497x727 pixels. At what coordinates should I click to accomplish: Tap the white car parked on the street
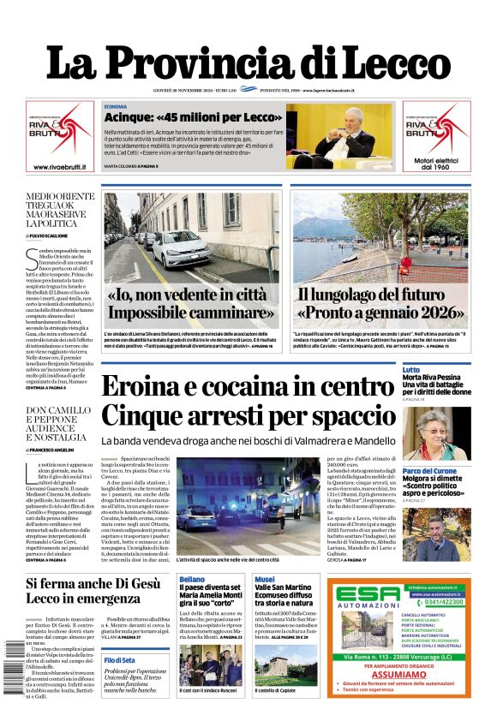pyautogui.click(x=181, y=249)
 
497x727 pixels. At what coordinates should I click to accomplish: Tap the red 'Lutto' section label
pyautogui.click(x=411, y=369)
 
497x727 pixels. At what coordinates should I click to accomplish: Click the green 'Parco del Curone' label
pyautogui.click(x=428, y=471)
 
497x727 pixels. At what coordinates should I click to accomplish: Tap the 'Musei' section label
pyautogui.click(x=264, y=580)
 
